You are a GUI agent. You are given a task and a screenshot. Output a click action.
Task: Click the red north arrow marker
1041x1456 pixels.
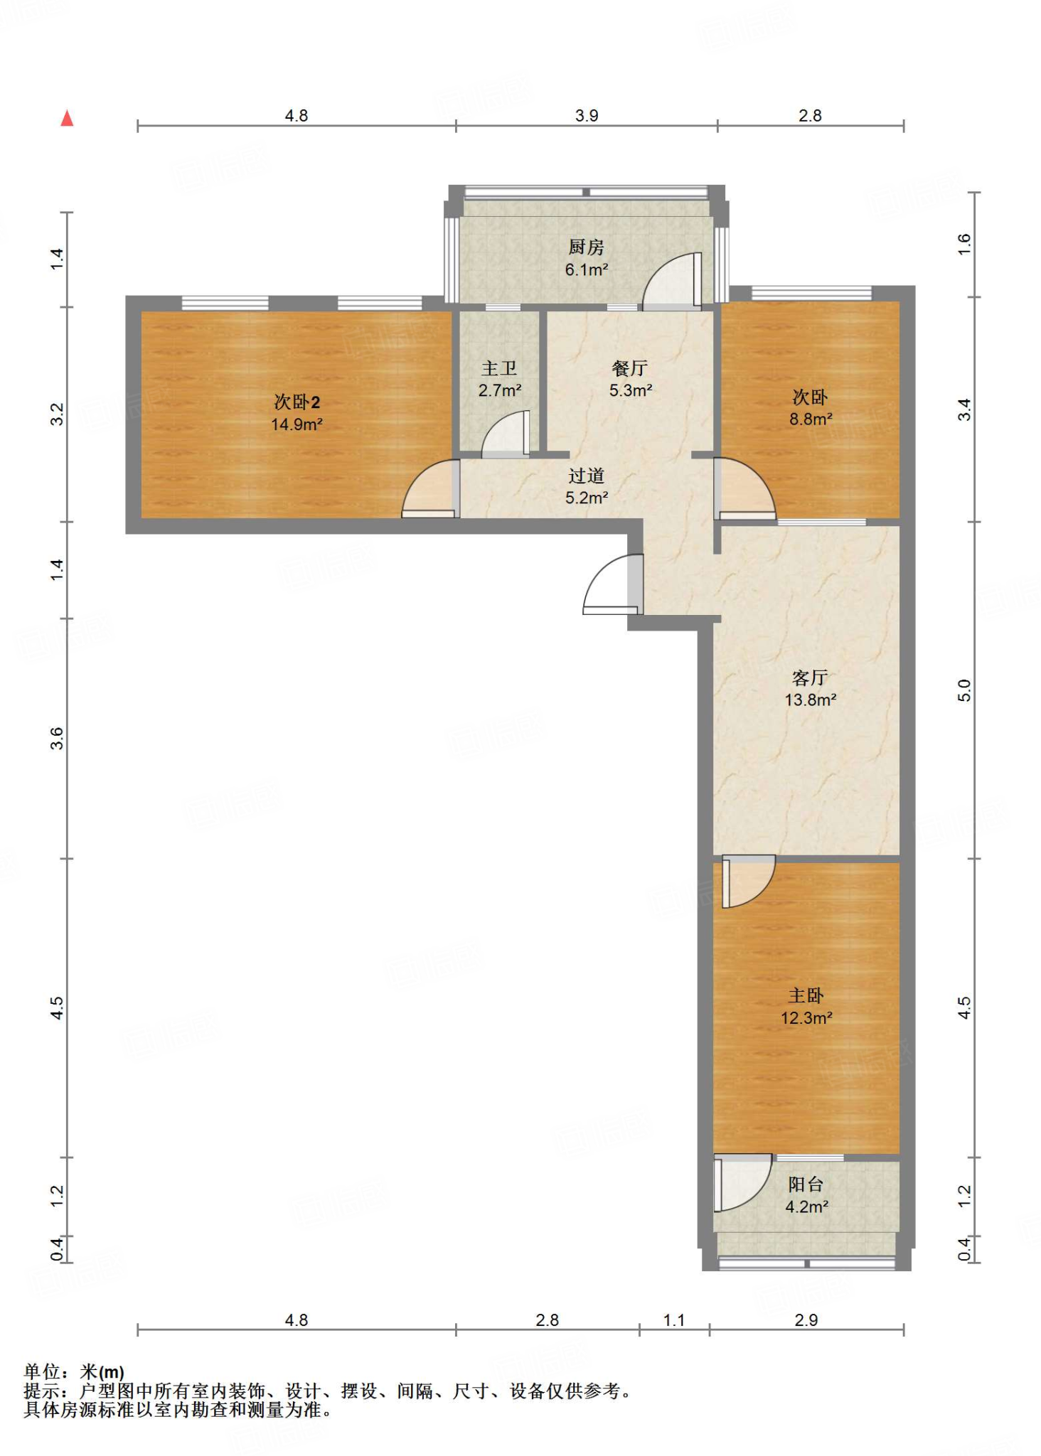pos(67,118)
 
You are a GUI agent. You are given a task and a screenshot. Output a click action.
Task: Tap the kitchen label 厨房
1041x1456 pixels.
pos(586,247)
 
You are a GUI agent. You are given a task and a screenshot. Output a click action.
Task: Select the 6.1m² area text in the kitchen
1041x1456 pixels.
pos(587,269)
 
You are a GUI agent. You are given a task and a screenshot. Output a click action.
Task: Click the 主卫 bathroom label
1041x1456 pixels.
pos(499,368)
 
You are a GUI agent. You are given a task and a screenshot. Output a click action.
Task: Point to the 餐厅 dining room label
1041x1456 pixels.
pos(629,368)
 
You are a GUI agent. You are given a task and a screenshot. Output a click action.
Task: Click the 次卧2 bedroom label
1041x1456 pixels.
pos(297,402)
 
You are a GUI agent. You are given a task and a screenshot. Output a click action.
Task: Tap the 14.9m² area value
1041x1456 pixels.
pos(297,424)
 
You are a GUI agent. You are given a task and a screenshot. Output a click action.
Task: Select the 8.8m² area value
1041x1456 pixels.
pos(811,419)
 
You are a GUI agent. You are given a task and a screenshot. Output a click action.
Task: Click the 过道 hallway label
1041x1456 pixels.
pos(586,476)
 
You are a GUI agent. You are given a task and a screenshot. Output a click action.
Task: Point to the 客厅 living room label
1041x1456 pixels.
pos(810,678)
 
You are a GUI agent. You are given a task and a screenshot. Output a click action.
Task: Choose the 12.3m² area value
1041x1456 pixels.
pos(806,1018)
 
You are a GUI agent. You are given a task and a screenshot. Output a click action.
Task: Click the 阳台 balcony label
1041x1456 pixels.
pos(806,1184)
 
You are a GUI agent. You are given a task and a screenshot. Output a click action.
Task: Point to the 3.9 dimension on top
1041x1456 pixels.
pos(587,115)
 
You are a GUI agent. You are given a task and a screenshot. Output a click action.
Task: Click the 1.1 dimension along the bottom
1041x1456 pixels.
pos(674,1320)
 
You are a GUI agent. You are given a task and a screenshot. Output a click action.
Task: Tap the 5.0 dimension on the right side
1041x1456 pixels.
pos(964,690)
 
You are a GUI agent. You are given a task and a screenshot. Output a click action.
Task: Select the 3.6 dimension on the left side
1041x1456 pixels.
pos(57,739)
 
